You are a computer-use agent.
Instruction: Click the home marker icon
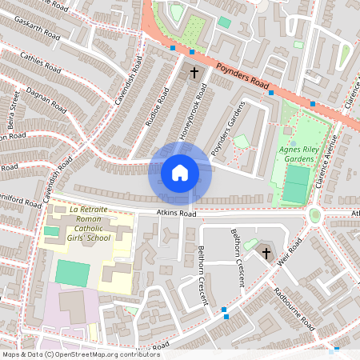[x=180, y=173]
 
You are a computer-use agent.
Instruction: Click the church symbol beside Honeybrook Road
[x=193, y=74]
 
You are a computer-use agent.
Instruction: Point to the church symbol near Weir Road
[x=266, y=254]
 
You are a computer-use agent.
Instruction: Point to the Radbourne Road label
[x=293, y=310]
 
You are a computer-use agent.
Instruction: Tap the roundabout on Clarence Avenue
[x=315, y=214]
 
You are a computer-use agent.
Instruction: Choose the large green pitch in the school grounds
[x=73, y=273]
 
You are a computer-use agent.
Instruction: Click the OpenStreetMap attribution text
[x=80, y=354]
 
